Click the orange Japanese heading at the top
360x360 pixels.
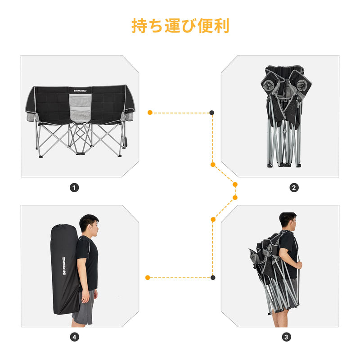(180, 26)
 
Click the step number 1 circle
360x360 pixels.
(74, 188)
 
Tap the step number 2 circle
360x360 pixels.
(294, 188)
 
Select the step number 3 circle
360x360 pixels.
(286, 337)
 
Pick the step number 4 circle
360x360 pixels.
(74, 337)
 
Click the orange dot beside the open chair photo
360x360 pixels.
(150, 112)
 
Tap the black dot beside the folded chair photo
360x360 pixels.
(212, 112)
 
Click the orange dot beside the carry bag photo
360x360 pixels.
(148, 278)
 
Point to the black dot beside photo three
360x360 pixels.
(212, 278)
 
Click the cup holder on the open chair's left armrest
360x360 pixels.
(31, 117)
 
